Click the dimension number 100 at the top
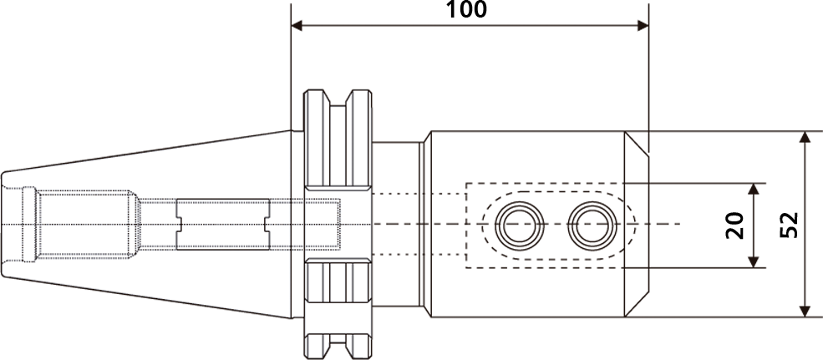point(467,11)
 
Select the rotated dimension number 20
point(732,226)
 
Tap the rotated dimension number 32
point(787,226)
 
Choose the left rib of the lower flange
point(318,305)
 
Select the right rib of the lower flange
point(360,305)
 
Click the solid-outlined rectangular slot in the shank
point(223,224)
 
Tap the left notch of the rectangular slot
point(179,224)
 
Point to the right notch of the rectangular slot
point(267,224)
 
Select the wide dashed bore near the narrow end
point(84,224)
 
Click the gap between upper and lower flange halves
point(338,224)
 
